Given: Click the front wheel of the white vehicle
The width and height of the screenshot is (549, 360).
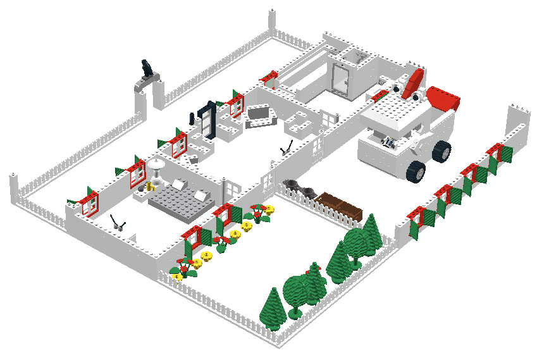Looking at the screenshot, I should tap(416, 171).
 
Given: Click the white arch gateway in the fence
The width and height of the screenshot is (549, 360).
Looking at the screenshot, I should tap(147, 94).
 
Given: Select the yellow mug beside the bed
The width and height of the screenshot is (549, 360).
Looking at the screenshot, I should tap(150, 187).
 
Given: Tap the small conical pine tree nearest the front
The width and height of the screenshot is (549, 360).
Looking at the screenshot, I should tap(273, 308).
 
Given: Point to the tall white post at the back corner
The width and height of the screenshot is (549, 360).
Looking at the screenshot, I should tap(273, 23).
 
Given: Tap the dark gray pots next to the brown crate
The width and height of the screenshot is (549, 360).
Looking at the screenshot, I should tap(301, 188).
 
